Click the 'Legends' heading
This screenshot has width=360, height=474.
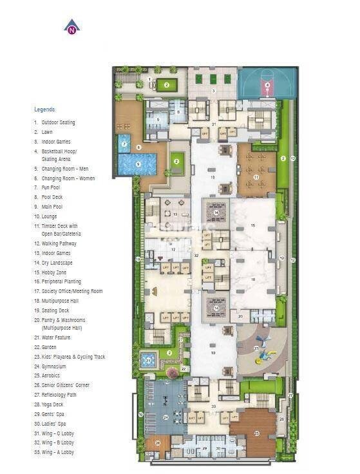44,109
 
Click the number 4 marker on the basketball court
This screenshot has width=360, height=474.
267,84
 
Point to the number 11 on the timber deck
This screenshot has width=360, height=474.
256,176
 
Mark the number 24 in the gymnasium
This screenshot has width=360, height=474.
166,417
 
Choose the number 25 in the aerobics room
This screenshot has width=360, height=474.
256,433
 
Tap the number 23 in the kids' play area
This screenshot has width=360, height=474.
256,348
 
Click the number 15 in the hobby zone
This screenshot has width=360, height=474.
253,225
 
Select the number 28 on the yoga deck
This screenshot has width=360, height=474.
157,443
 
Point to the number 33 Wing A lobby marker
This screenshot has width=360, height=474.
213,406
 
